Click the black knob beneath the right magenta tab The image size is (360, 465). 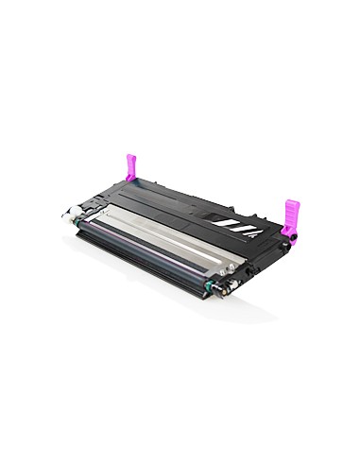coord(292,239)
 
